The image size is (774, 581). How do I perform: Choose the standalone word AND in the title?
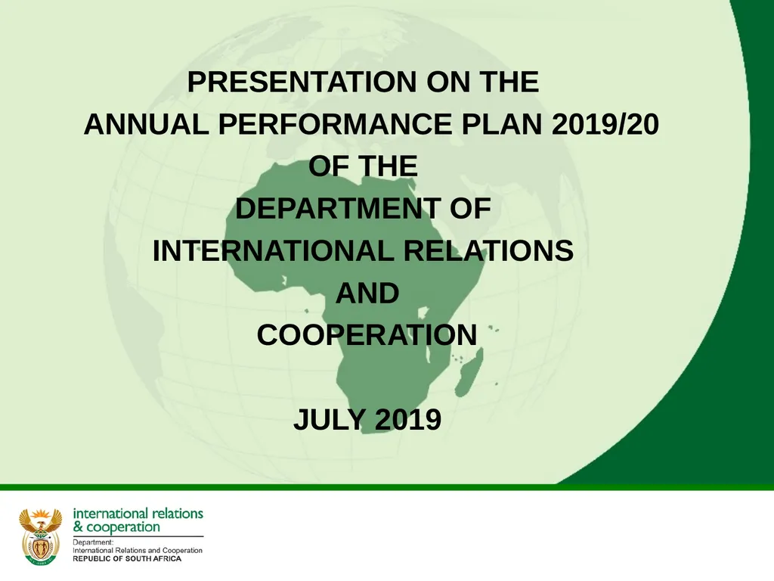pyautogui.click(x=367, y=293)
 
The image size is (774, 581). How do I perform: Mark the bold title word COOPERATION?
pyautogui.click(x=367, y=334)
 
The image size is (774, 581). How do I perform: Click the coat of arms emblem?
pyautogui.click(x=40, y=536)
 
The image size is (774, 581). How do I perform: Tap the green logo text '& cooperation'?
pyautogui.click(x=116, y=527)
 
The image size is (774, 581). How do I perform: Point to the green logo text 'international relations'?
pyautogui.click(x=138, y=513)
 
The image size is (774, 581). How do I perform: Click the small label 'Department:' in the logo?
pyautogui.click(x=93, y=542)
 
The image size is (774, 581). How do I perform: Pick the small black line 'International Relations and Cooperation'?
pyautogui.click(x=137, y=550)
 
